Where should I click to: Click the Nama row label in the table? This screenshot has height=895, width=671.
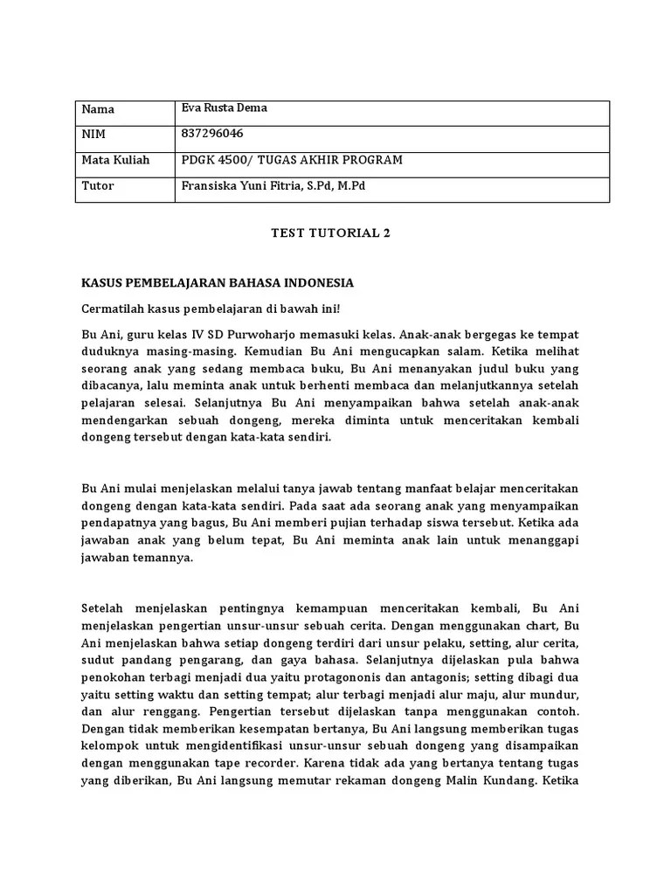coord(98,109)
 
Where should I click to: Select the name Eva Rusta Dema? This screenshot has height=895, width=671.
coord(224,108)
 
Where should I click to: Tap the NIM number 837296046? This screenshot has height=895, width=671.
coord(212,134)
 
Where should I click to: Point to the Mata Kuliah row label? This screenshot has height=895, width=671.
coord(116,160)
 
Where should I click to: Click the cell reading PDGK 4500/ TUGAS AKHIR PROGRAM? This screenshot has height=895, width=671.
coord(291,160)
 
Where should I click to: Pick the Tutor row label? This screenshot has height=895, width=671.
coord(98,186)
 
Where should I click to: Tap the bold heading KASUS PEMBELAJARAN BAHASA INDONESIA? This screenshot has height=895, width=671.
coord(218,283)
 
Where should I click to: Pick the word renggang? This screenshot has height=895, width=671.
coord(154,711)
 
